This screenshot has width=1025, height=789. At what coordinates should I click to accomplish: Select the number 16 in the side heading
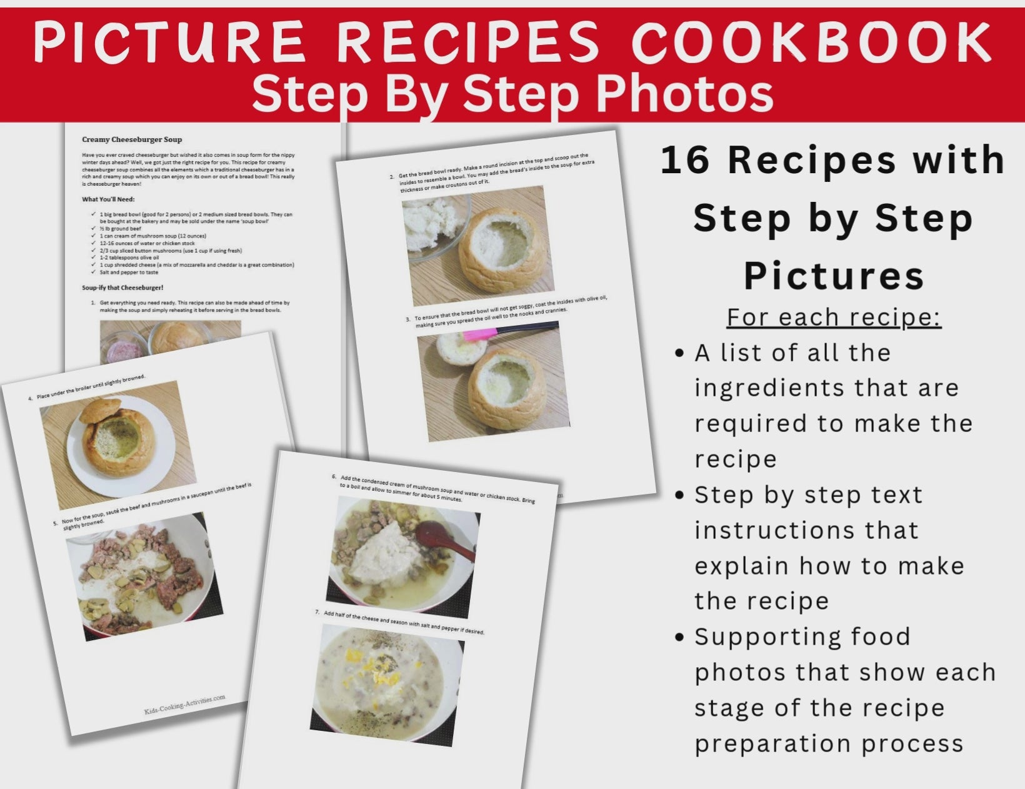coord(685,160)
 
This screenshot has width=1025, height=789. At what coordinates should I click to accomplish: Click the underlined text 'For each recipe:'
coord(834,318)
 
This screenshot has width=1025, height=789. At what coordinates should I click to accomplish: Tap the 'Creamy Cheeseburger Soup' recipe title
coord(132,139)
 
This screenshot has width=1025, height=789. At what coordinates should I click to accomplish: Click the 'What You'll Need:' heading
coord(108,199)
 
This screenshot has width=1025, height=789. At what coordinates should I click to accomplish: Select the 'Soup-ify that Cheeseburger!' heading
coord(122,288)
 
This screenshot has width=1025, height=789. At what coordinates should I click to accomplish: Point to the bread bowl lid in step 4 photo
coord(99,412)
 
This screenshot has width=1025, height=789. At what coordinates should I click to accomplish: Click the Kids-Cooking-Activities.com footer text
coord(184,705)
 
